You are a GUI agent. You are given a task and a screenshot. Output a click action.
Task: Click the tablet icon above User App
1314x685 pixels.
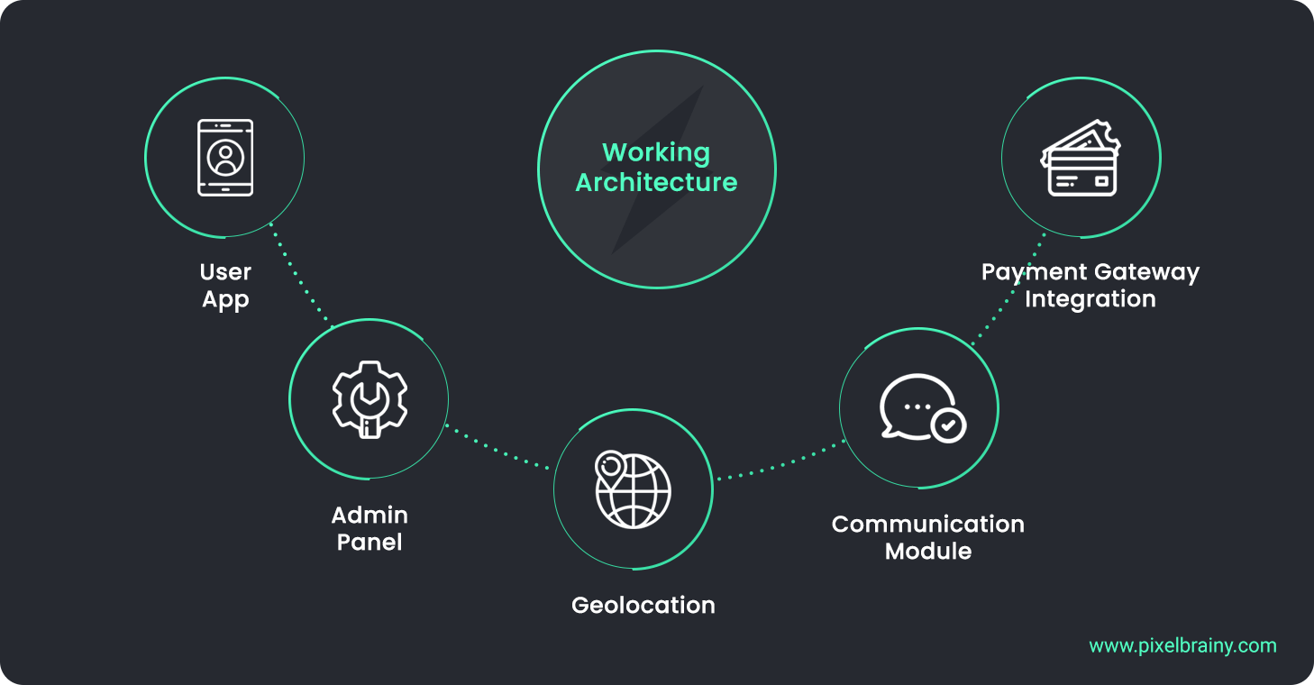[x=225, y=158]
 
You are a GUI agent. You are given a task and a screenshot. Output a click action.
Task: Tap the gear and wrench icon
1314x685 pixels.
[x=370, y=398]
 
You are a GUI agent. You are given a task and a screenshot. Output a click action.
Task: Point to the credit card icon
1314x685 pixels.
[x=1081, y=160]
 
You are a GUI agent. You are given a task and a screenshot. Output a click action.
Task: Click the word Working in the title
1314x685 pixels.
[x=656, y=152]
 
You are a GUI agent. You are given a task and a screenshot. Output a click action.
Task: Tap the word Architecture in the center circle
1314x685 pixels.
[x=656, y=182]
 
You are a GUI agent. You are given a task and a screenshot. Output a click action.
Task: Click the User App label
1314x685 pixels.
[x=225, y=285]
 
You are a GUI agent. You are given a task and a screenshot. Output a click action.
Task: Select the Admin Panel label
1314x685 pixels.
[x=370, y=528]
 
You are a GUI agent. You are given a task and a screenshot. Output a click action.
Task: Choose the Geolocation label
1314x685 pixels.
[x=643, y=605]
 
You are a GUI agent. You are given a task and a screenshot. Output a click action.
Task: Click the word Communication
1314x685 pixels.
[x=927, y=524]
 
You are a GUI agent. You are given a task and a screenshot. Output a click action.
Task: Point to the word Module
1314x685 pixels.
[x=928, y=551]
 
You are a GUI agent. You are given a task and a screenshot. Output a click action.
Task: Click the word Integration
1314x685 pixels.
[x=1090, y=298]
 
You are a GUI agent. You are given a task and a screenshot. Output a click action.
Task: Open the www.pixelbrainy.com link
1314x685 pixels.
[x=1182, y=645]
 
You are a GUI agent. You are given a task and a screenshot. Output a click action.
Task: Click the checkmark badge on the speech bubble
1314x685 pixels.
[x=947, y=424]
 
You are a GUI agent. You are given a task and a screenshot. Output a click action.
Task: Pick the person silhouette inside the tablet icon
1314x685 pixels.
[x=225, y=159]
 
